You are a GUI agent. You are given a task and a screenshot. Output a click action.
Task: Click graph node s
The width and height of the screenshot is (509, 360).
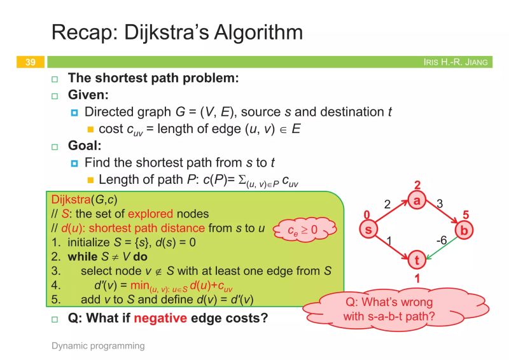(x=367, y=228)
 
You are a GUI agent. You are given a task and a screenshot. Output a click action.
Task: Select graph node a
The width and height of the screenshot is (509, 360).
(x=417, y=200)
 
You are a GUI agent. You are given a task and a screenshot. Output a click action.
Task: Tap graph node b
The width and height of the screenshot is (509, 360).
(x=464, y=230)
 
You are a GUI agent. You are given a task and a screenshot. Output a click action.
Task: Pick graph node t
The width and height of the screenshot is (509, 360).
(x=417, y=259)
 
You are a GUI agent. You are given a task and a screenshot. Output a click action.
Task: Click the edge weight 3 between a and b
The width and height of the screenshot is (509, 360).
(x=440, y=203)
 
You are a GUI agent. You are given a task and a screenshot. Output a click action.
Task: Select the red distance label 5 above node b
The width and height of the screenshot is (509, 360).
(x=466, y=214)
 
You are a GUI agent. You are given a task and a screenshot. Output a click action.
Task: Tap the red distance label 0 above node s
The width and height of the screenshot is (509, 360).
(x=366, y=214)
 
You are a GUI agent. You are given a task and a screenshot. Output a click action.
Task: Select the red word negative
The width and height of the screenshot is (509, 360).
(x=160, y=318)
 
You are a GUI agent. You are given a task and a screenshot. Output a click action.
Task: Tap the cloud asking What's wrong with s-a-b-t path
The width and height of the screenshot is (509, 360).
(x=388, y=308)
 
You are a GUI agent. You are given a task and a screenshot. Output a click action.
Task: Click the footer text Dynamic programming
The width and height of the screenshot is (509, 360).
(x=98, y=346)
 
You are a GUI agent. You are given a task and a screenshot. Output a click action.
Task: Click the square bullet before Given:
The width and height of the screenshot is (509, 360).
(x=55, y=97)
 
